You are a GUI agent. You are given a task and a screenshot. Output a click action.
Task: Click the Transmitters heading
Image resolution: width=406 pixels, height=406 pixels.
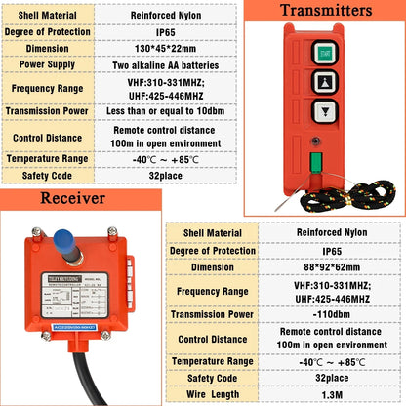(x=325, y=12)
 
